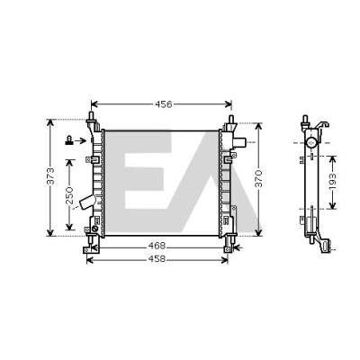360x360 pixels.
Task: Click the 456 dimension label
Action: click(164, 104)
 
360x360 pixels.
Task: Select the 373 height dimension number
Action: click(51, 176)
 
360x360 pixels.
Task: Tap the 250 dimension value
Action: click(69, 195)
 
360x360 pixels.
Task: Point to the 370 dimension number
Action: click(258, 179)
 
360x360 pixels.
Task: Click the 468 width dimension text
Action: click(157, 246)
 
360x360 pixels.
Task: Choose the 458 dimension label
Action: click(157, 258)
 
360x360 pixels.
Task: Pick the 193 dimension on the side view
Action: click(332, 182)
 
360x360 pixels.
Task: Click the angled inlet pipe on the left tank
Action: click(87, 202)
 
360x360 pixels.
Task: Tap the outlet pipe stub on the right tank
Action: click(239, 142)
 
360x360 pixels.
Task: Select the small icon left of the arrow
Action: click(69, 140)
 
